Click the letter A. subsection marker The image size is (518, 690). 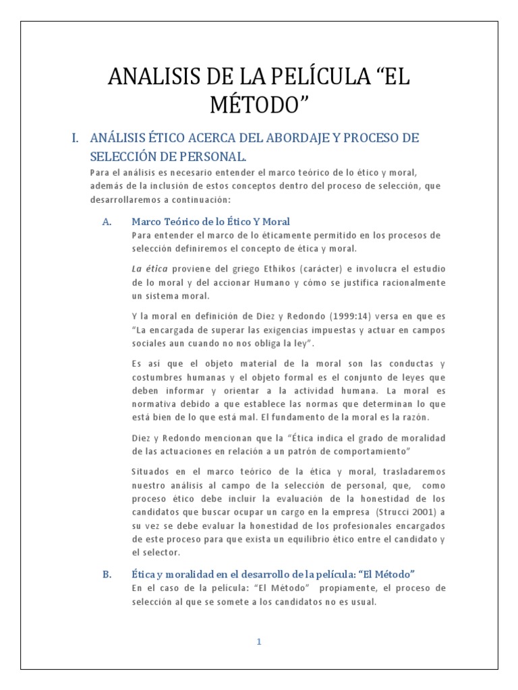coord(107,221)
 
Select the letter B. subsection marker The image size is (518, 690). coord(107,573)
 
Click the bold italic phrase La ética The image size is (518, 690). coord(149,269)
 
